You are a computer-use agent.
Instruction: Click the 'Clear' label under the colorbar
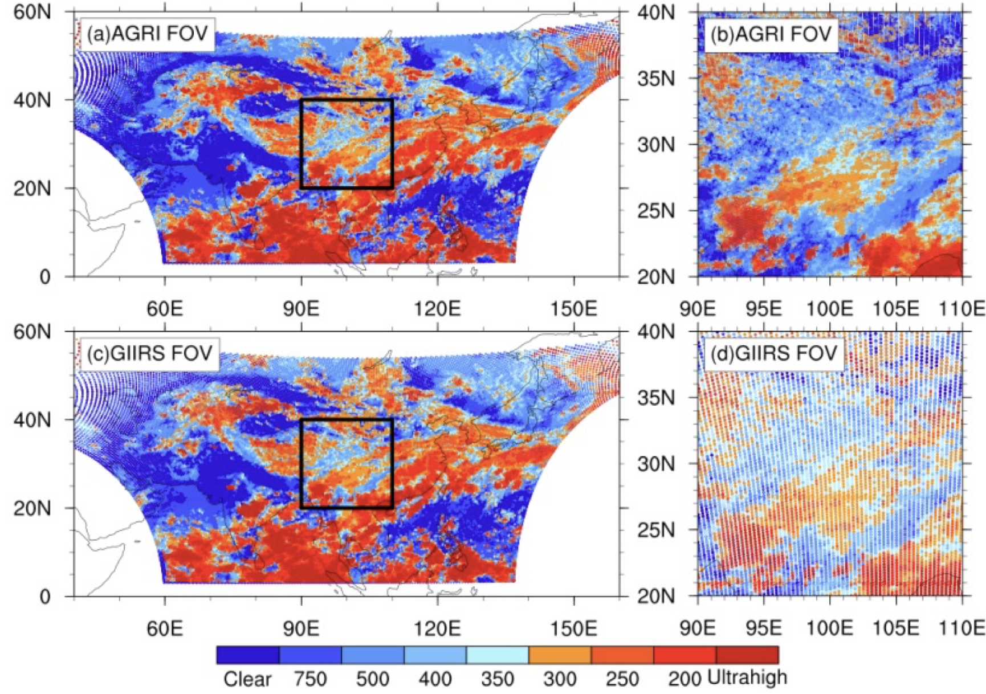coord(247,679)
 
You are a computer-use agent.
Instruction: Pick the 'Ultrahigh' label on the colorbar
coord(747,677)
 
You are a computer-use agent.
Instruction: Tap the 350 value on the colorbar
coord(498,679)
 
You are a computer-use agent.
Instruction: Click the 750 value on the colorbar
coord(310,679)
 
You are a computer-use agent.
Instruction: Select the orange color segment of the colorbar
coord(560,655)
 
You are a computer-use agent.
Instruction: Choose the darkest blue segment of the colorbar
coord(248,655)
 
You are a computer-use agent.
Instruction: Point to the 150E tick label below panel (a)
coord(574,309)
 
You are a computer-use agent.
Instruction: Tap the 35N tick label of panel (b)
coord(655,78)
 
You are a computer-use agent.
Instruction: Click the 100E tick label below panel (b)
coord(830,309)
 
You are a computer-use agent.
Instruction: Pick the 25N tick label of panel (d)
coord(655,530)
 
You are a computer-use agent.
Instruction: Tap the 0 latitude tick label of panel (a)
coord(45,277)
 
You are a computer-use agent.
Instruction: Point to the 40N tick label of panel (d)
coord(655,331)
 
